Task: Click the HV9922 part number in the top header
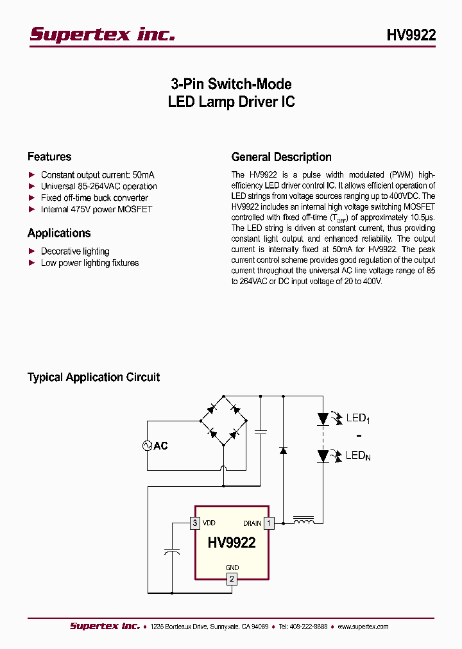click(x=411, y=35)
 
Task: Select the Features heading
click(x=49, y=156)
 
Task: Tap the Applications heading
click(x=59, y=233)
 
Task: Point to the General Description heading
click(x=281, y=156)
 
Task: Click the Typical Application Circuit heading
click(x=94, y=377)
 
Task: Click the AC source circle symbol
click(x=147, y=445)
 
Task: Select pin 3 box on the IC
click(x=195, y=523)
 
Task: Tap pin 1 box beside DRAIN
click(x=269, y=523)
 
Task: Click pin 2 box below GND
click(x=232, y=579)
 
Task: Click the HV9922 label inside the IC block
click(x=232, y=543)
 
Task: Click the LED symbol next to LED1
click(x=324, y=419)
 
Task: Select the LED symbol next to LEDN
click(x=324, y=456)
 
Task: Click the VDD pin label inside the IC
click(x=209, y=523)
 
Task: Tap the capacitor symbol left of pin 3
click(x=172, y=552)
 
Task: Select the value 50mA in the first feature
click(x=144, y=174)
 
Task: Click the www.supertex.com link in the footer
click(x=363, y=627)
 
